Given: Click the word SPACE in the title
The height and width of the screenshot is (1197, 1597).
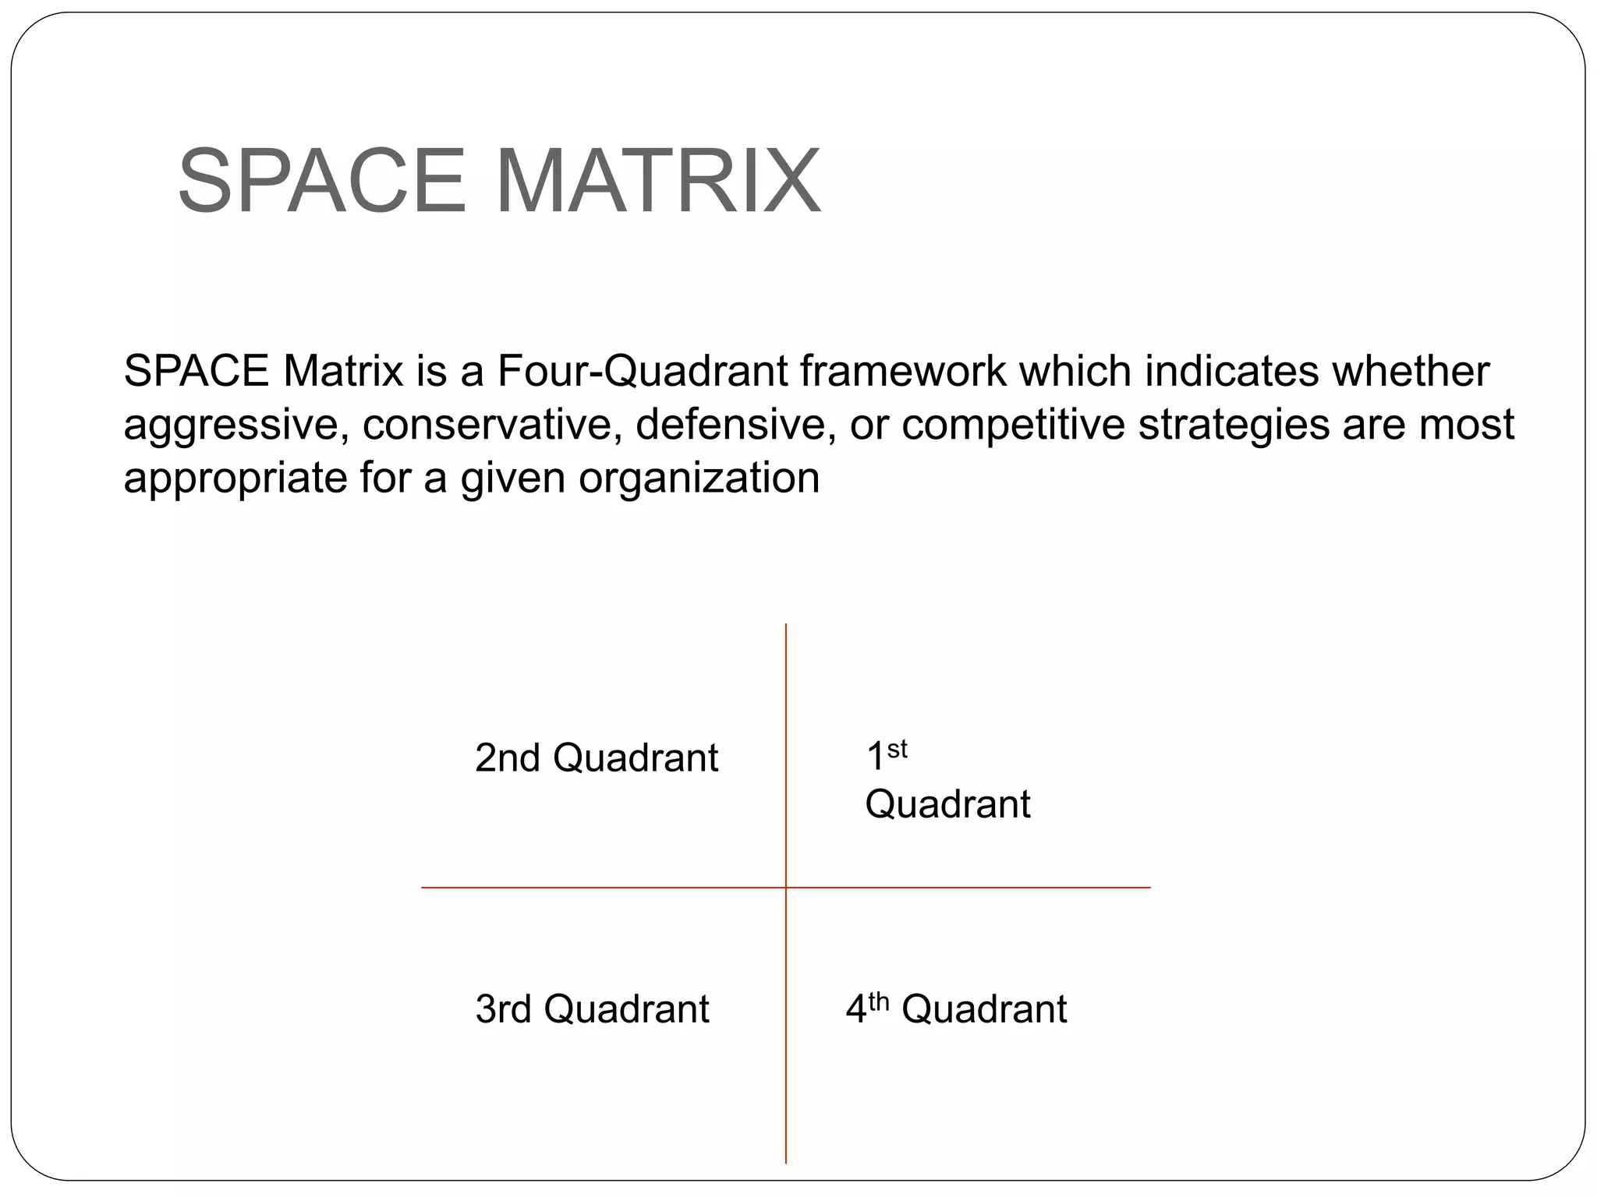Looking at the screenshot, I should coord(322,181).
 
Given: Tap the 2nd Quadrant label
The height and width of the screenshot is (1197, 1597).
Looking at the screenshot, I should coord(596,757).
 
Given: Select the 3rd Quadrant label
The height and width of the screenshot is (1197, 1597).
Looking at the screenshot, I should coord(592,1008).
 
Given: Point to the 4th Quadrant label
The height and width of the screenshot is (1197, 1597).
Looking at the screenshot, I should coord(956,1008).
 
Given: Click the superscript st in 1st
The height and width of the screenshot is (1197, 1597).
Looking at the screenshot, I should coord(898,749).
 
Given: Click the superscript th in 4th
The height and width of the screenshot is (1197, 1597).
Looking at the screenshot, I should coord(879,1001).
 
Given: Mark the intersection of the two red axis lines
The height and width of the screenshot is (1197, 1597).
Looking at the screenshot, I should coord(786,887).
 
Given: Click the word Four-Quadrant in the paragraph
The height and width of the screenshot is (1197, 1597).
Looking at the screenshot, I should coord(643,372).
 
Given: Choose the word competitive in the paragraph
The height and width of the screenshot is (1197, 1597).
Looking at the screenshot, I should coord(1014,425).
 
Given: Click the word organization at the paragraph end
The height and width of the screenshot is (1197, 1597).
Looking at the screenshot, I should coord(699,478).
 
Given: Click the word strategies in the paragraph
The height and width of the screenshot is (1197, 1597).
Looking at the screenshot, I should coord(1234,425).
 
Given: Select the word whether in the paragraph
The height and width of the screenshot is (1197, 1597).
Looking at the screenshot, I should coord(1410,372).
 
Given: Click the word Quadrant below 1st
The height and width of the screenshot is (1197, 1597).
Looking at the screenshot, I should coord(947,804).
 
